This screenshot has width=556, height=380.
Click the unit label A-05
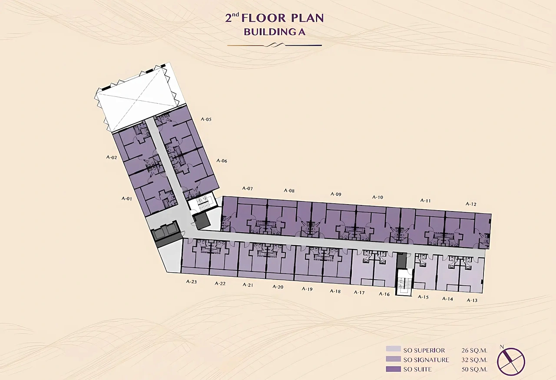click(x=206, y=119)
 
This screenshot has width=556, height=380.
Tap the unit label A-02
click(x=112, y=157)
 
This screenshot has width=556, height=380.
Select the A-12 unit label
click(x=471, y=204)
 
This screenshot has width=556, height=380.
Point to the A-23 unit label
click(x=192, y=282)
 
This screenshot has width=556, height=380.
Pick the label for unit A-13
click(x=472, y=301)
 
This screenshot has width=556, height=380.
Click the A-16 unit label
click(x=384, y=294)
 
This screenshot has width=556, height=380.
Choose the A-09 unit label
click(x=336, y=194)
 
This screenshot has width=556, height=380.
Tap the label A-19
click(x=307, y=289)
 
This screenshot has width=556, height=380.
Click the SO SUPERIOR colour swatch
click(x=393, y=349)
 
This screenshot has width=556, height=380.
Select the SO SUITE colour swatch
click(x=393, y=369)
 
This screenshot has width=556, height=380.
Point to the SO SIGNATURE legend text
click(x=426, y=360)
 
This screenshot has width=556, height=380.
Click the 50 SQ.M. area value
click(x=474, y=369)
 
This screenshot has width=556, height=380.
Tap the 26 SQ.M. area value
click(x=474, y=350)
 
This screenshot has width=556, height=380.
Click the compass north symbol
click(x=511, y=361)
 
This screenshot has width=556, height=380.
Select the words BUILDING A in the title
click(x=275, y=32)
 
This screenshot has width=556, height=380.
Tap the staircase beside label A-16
click(x=404, y=282)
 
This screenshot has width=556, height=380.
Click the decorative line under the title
click(x=275, y=45)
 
